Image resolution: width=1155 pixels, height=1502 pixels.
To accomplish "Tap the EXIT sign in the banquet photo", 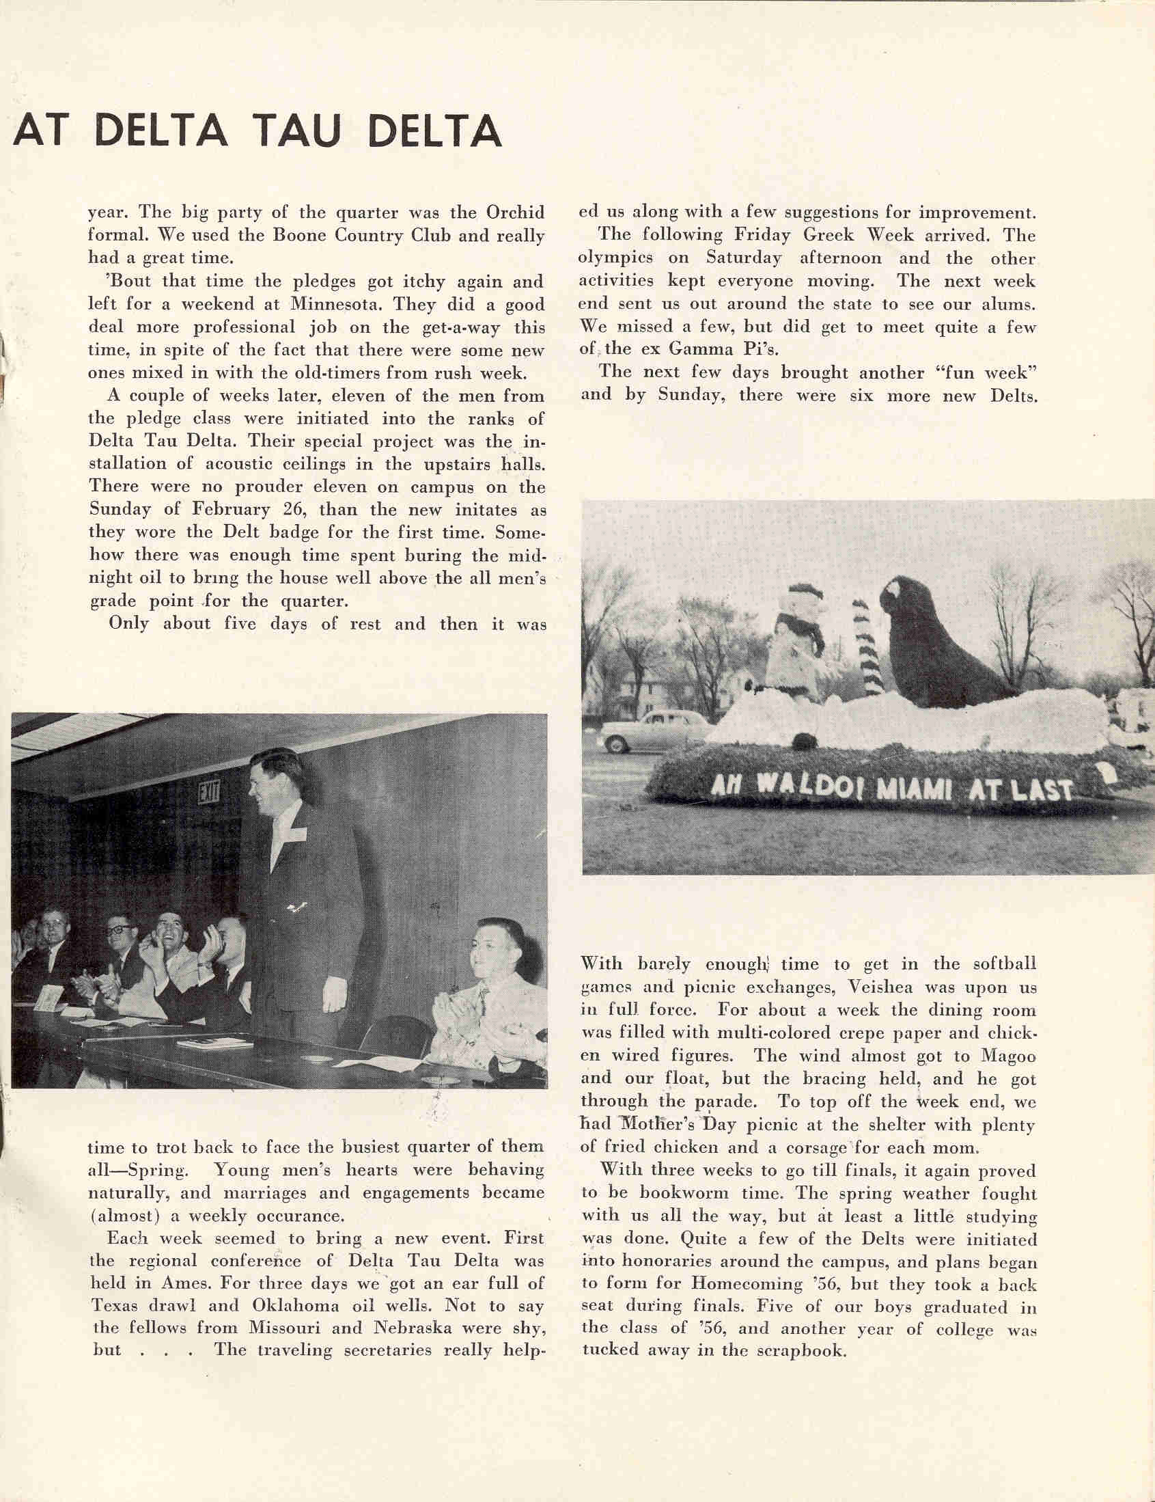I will tap(209, 795).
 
